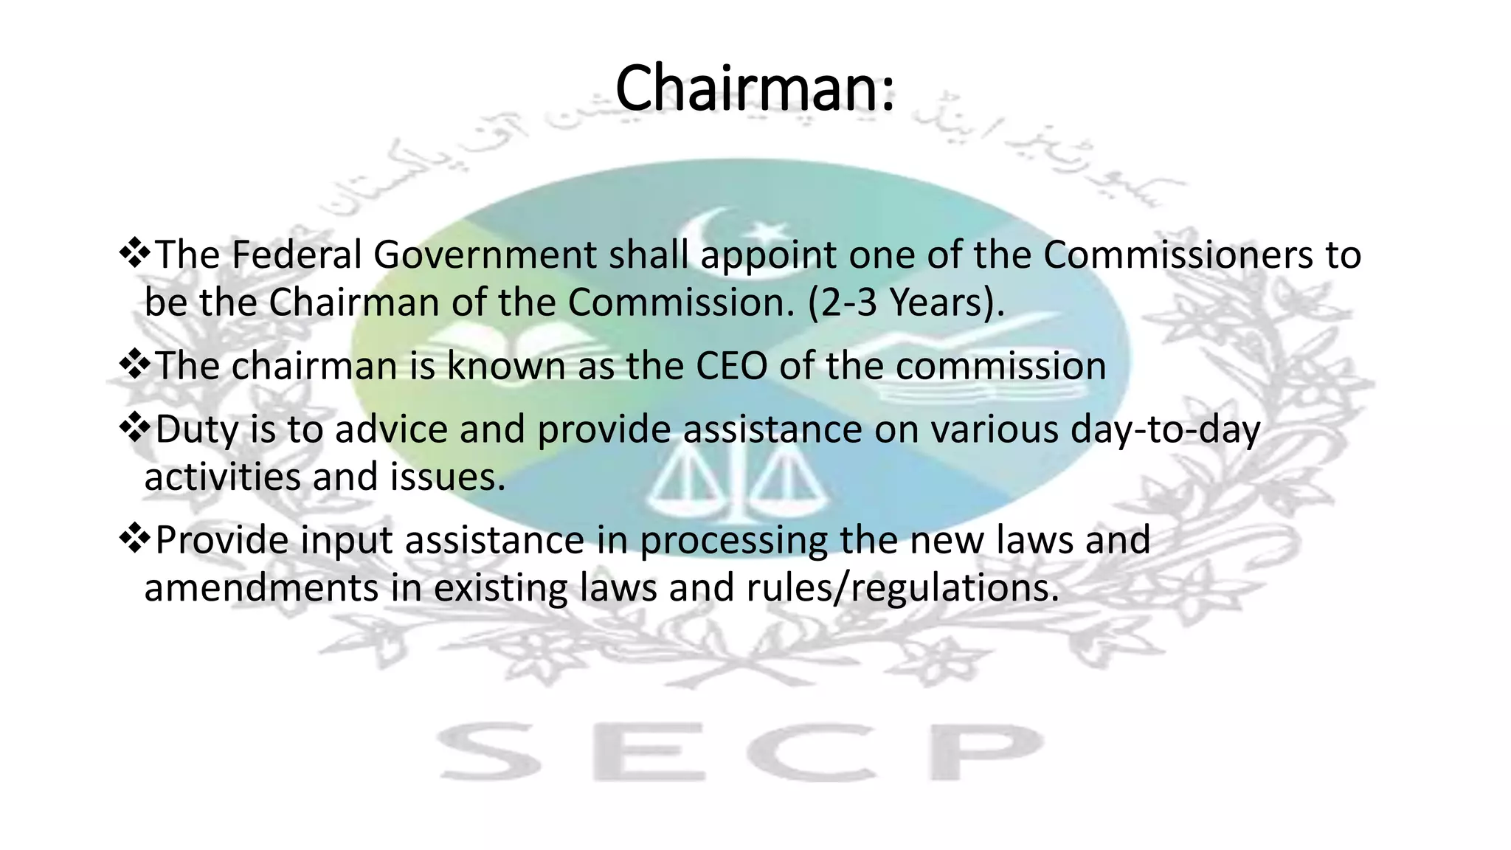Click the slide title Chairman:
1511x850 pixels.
tap(755, 89)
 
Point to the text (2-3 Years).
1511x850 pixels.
tap(906, 303)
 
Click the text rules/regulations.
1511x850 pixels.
tap(902, 588)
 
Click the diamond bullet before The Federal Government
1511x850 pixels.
tap(134, 253)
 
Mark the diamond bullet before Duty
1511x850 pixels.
tap(134, 427)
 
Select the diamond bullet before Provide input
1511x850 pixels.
tap(134, 538)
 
